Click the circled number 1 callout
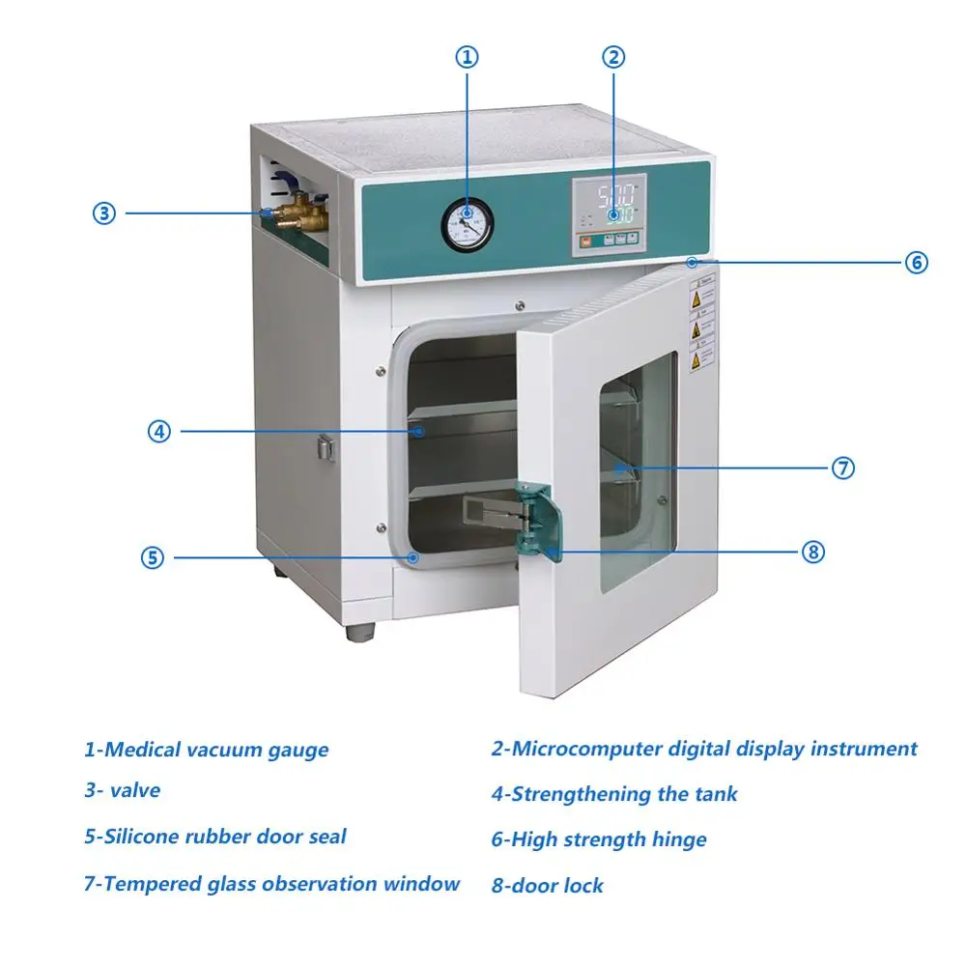coord(467,57)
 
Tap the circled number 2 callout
coord(613,57)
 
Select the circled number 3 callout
coord(103,213)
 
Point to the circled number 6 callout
coord(917,262)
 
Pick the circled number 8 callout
coord(813,552)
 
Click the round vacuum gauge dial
coord(467,220)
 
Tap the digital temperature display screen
coord(611,201)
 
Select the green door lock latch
coord(534,519)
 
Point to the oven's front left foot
coord(360,633)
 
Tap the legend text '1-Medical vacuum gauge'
coord(206,749)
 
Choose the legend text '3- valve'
coord(122,790)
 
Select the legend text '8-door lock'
coord(547,885)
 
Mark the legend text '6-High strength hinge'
coord(598,839)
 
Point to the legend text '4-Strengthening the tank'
coord(613,794)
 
